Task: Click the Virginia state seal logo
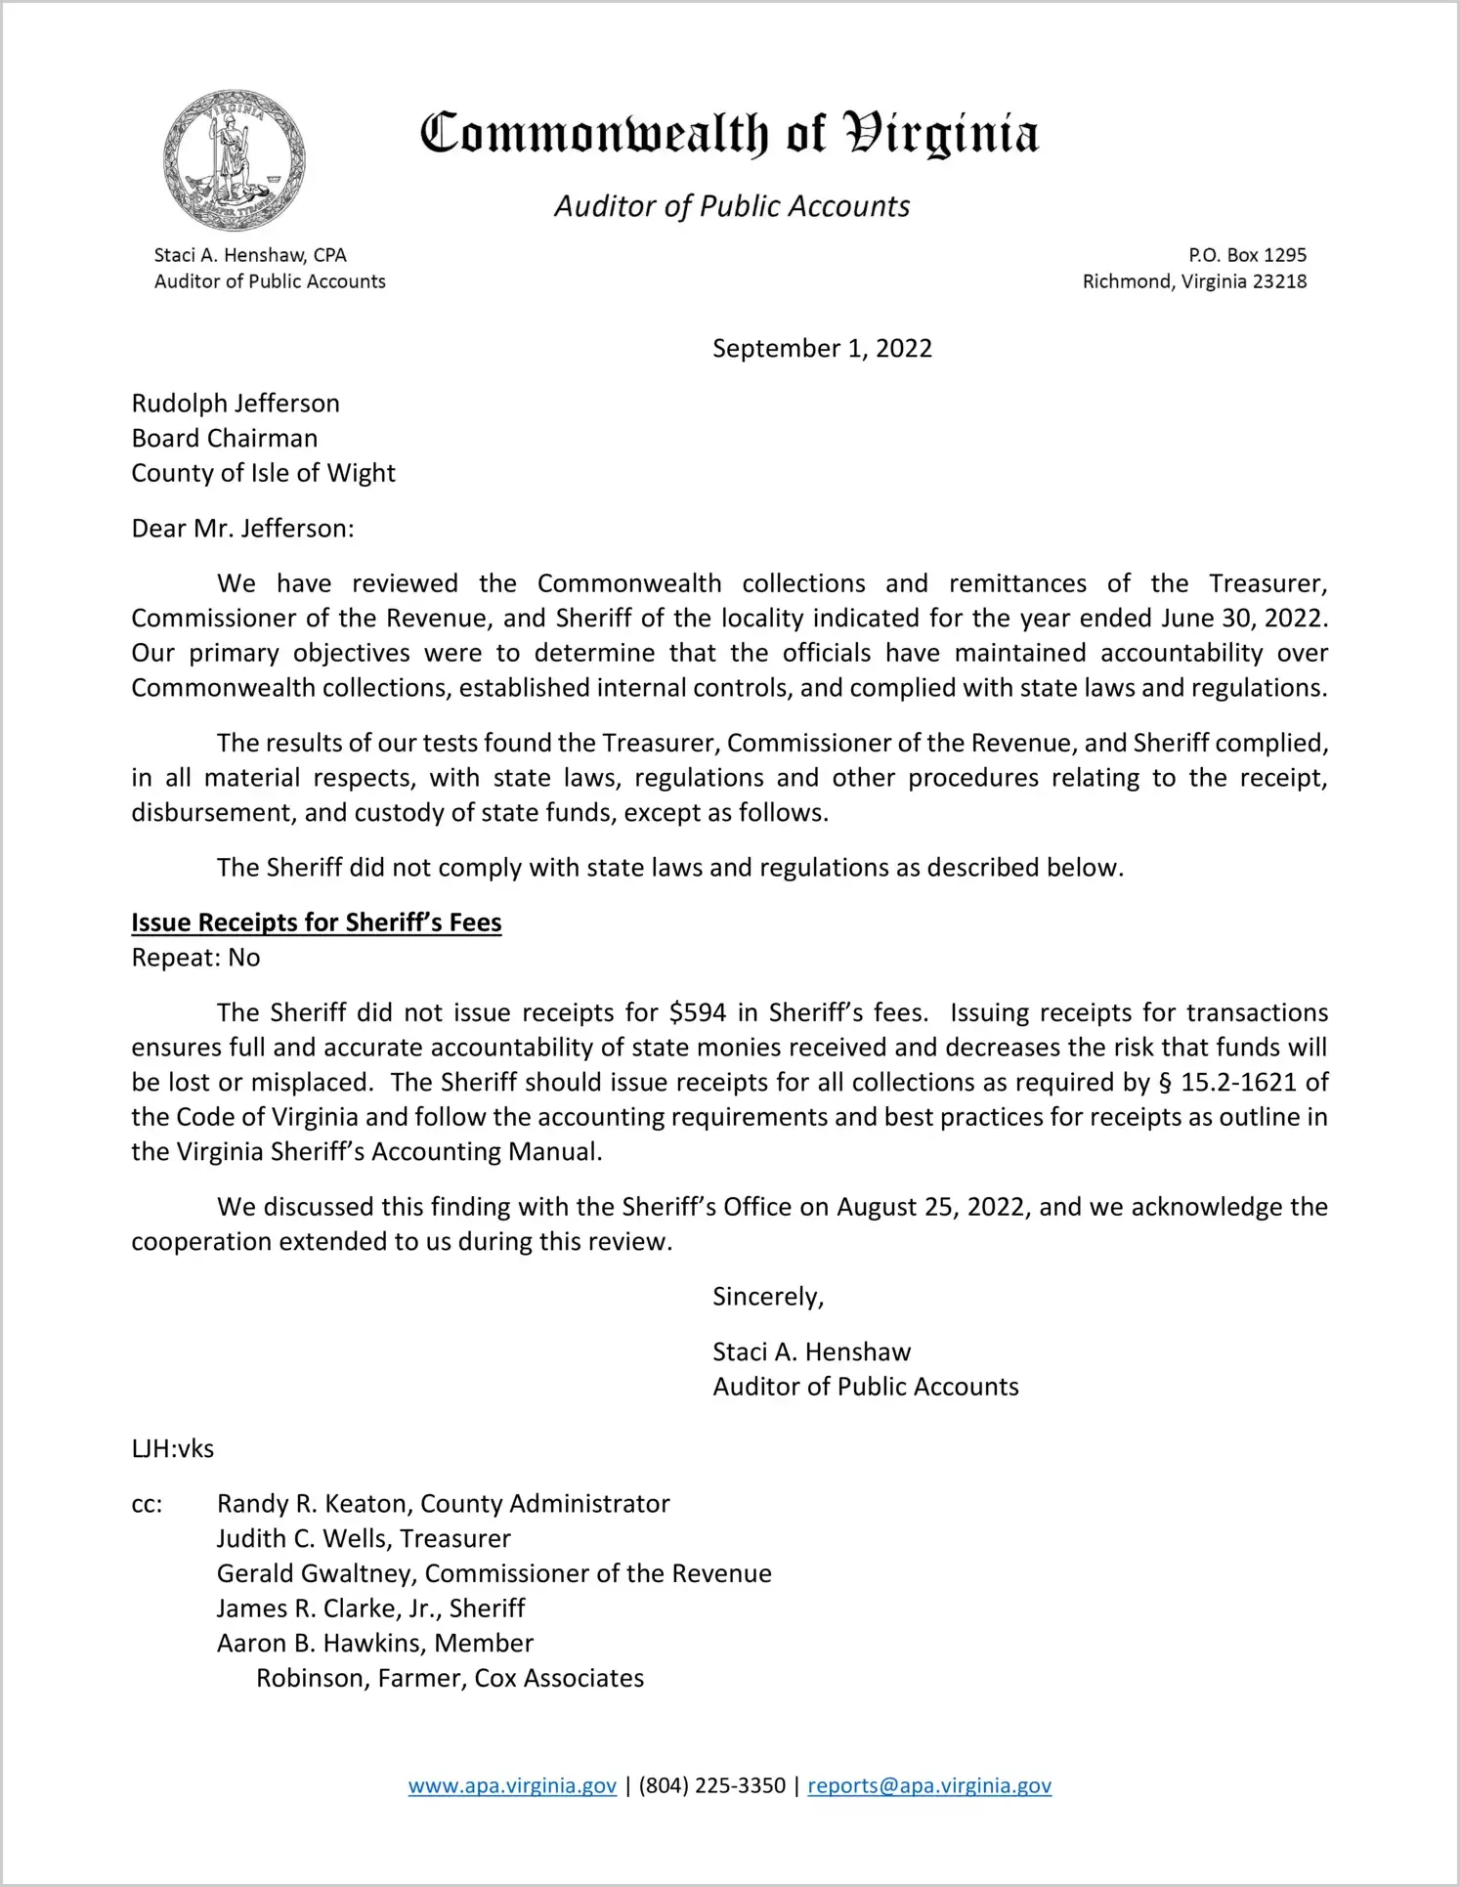pyautogui.click(x=235, y=160)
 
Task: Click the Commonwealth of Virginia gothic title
pyautogui.click(x=729, y=135)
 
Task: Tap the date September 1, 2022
pyautogui.click(x=822, y=349)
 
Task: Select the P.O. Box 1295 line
pyautogui.click(x=1247, y=255)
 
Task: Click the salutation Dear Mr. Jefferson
pyautogui.click(x=242, y=529)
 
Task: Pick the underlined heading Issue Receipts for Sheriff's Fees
pyautogui.click(x=317, y=922)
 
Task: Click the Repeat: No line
pyautogui.click(x=195, y=958)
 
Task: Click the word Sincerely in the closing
pyautogui.click(x=768, y=1297)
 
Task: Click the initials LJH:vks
pyautogui.click(x=173, y=1448)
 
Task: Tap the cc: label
pyautogui.click(x=147, y=1504)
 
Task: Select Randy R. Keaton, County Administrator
pyautogui.click(x=443, y=1504)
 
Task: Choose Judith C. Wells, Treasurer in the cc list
pyautogui.click(x=364, y=1539)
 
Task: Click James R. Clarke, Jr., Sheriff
pyautogui.click(x=370, y=1608)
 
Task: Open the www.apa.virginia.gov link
pyautogui.click(x=512, y=1786)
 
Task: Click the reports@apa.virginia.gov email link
pyautogui.click(x=929, y=1786)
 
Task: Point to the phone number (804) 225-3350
pyautogui.click(x=711, y=1786)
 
